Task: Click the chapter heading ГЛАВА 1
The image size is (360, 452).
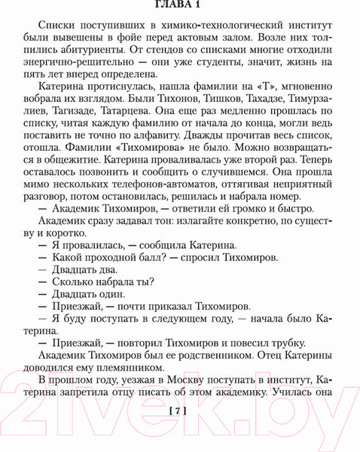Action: tap(179, 7)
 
